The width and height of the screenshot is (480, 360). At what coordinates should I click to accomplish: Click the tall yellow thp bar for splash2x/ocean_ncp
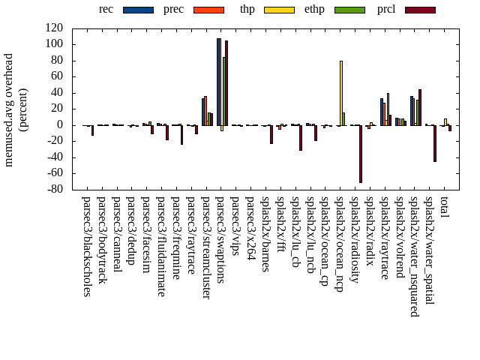pos(341,93)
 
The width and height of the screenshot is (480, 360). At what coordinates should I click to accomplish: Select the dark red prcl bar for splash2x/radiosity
pos(361,154)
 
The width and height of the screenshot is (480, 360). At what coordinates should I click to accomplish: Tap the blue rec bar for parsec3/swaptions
pos(218,82)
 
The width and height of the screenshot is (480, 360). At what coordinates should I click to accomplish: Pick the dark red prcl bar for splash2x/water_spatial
pos(435,143)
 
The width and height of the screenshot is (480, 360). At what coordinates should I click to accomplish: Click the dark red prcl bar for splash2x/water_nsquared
pos(420,107)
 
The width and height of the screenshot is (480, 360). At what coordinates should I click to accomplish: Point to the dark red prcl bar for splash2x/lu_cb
pos(301,138)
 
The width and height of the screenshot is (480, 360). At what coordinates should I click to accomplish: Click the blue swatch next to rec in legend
pos(137,10)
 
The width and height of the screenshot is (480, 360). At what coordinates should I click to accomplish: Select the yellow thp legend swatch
pos(279,10)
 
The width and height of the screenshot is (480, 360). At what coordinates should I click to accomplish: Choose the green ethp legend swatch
pos(350,10)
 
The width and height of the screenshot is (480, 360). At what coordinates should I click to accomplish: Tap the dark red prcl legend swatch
pos(420,10)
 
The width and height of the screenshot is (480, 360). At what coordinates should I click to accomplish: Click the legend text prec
pos(173,9)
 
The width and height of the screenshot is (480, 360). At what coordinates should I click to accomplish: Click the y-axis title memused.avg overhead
pos(9,109)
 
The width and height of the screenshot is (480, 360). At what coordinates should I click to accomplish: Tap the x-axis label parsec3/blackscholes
pos(87,247)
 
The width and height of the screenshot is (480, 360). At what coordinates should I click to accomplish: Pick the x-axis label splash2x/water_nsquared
pos(415,256)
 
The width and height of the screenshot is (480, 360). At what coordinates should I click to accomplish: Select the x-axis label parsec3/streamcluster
pos(206,248)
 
